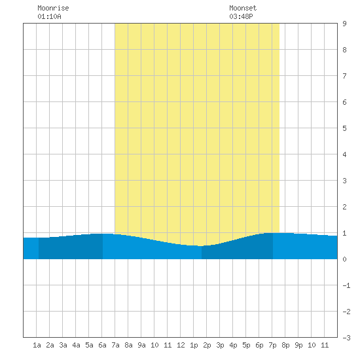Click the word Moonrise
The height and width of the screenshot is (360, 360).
[53, 8]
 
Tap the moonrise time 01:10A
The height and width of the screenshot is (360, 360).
[49, 16]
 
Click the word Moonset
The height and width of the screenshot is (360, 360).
[243, 8]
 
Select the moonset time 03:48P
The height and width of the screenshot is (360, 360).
[241, 16]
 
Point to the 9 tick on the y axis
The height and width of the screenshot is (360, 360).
[344, 24]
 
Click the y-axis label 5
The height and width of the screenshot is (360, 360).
[344, 128]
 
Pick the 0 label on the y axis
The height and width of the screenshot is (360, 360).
[344, 259]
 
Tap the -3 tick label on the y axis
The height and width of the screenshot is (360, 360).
[346, 338]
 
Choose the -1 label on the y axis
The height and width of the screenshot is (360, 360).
[346, 285]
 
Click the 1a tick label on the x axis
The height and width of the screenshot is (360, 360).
[37, 345]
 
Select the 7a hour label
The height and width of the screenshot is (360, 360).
[115, 345]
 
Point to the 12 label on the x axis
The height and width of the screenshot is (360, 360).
[181, 345]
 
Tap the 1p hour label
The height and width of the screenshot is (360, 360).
[194, 345]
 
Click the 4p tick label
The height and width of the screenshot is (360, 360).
[233, 345]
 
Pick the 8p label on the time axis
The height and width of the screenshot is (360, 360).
[285, 345]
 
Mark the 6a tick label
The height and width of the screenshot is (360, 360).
[102, 345]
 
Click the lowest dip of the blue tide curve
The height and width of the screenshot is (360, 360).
[201, 246]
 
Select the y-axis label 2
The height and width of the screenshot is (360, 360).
[344, 207]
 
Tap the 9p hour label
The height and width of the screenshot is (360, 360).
[298, 345]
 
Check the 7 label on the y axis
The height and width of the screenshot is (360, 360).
[344, 76]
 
